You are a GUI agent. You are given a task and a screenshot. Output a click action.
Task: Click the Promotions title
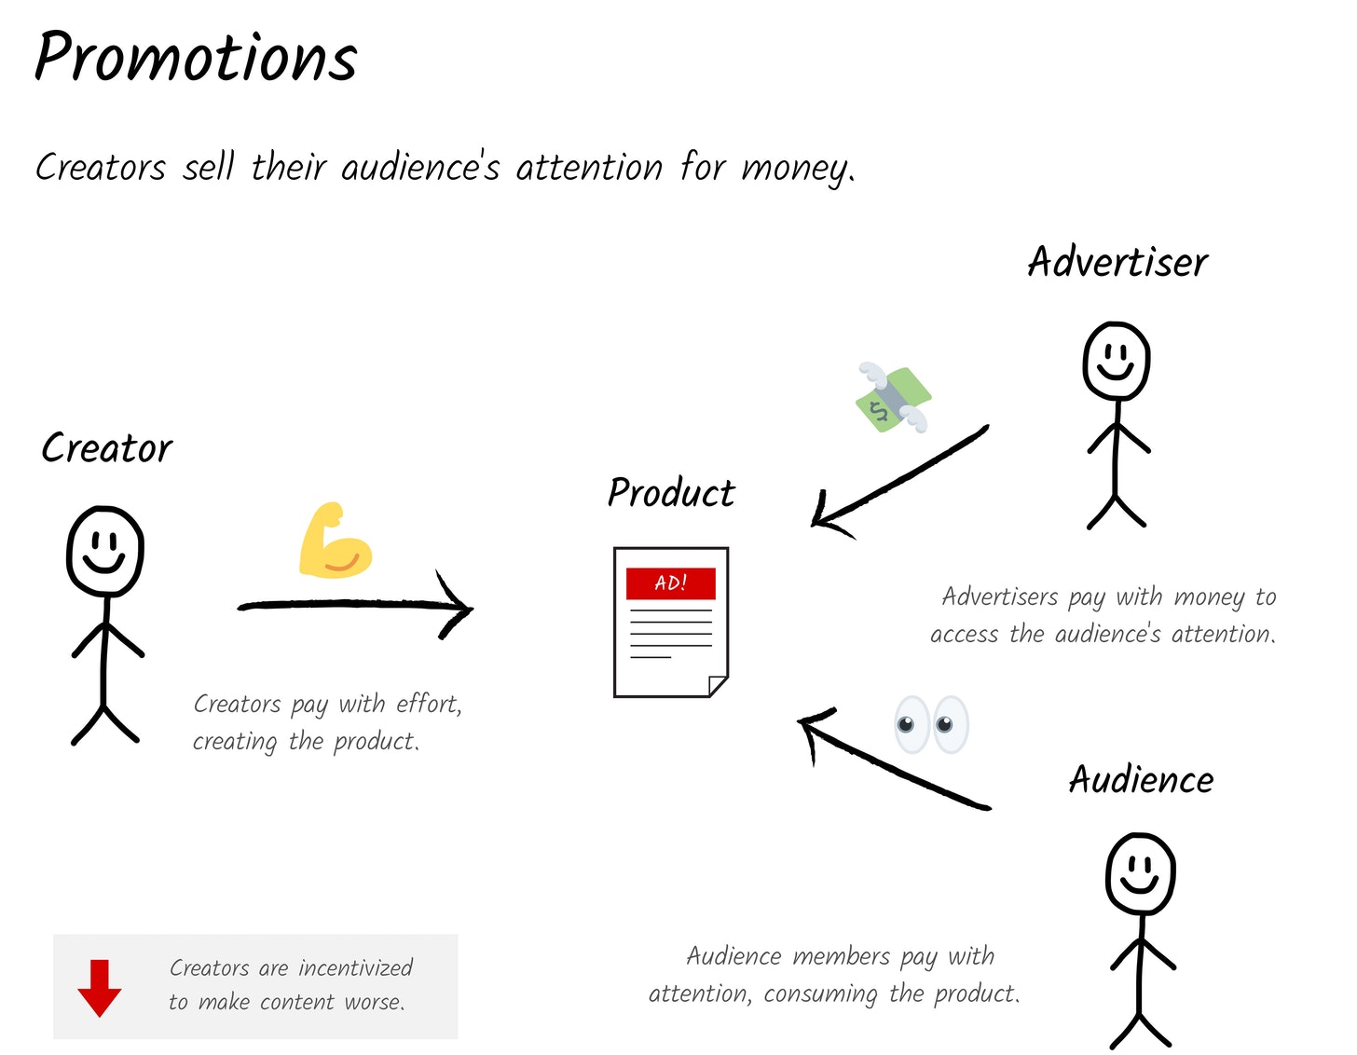pyautogui.click(x=196, y=58)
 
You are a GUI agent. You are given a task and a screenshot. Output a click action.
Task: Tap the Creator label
pyautogui.click(x=107, y=447)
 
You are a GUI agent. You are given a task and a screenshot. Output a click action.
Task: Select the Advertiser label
pyautogui.click(x=1117, y=261)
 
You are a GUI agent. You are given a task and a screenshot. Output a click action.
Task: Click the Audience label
pyautogui.click(x=1141, y=779)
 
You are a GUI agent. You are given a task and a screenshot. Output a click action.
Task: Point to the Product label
pyautogui.click(x=671, y=492)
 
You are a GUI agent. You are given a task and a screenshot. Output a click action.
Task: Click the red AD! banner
pyautogui.click(x=671, y=583)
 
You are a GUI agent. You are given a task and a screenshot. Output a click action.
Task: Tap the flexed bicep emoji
pyautogui.click(x=336, y=540)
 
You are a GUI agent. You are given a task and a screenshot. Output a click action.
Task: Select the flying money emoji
pyautogui.click(x=893, y=397)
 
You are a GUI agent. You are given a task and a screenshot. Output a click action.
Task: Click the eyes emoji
pyautogui.click(x=931, y=724)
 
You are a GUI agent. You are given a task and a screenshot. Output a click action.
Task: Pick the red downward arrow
pyautogui.click(x=100, y=988)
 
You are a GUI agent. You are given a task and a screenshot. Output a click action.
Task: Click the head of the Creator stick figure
pyautogui.click(x=105, y=551)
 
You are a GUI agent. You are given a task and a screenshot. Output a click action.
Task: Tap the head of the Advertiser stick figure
pyautogui.click(x=1116, y=361)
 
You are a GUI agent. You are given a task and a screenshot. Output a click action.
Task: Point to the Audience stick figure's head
pyautogui.click(x=1140, y=874)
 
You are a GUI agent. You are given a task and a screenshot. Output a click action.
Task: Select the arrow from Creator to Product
pyautogui.click(x=355, y=604)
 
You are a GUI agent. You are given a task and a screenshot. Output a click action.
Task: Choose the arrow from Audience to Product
pyautogui.click(x=893, y=763)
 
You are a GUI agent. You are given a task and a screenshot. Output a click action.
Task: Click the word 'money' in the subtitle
pyautogui.click(x=798, y=169)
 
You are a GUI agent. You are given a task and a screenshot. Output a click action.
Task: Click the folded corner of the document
pyautogui.click(x=719, y=686)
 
